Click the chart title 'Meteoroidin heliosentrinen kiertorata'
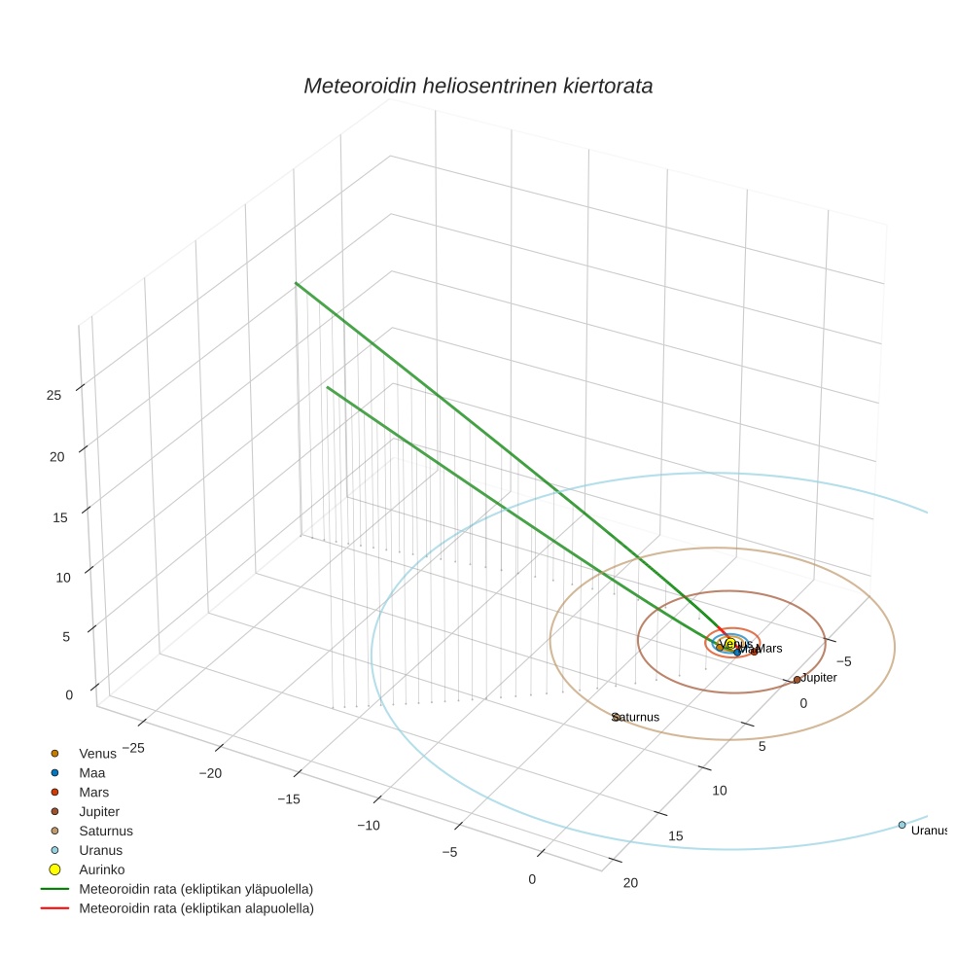tap(478, 86)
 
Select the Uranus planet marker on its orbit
tap(902, 825)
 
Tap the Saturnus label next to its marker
tap(637, 718)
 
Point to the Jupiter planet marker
tap(797, 679)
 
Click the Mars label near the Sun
tap(769, 649)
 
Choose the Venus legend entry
tap(97, 753)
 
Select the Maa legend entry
tap(91, 772)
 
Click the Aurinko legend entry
tap(101, 869)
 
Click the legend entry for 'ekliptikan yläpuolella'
tap(195, 889)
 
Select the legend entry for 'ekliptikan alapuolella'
tap(195, 908)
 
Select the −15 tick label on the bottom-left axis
tap(288, 799)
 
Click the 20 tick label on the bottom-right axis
tap(630, 883)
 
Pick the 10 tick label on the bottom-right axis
tap(719, 791)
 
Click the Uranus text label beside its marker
tap(929, 831)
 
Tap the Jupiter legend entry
tap(99, 811)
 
